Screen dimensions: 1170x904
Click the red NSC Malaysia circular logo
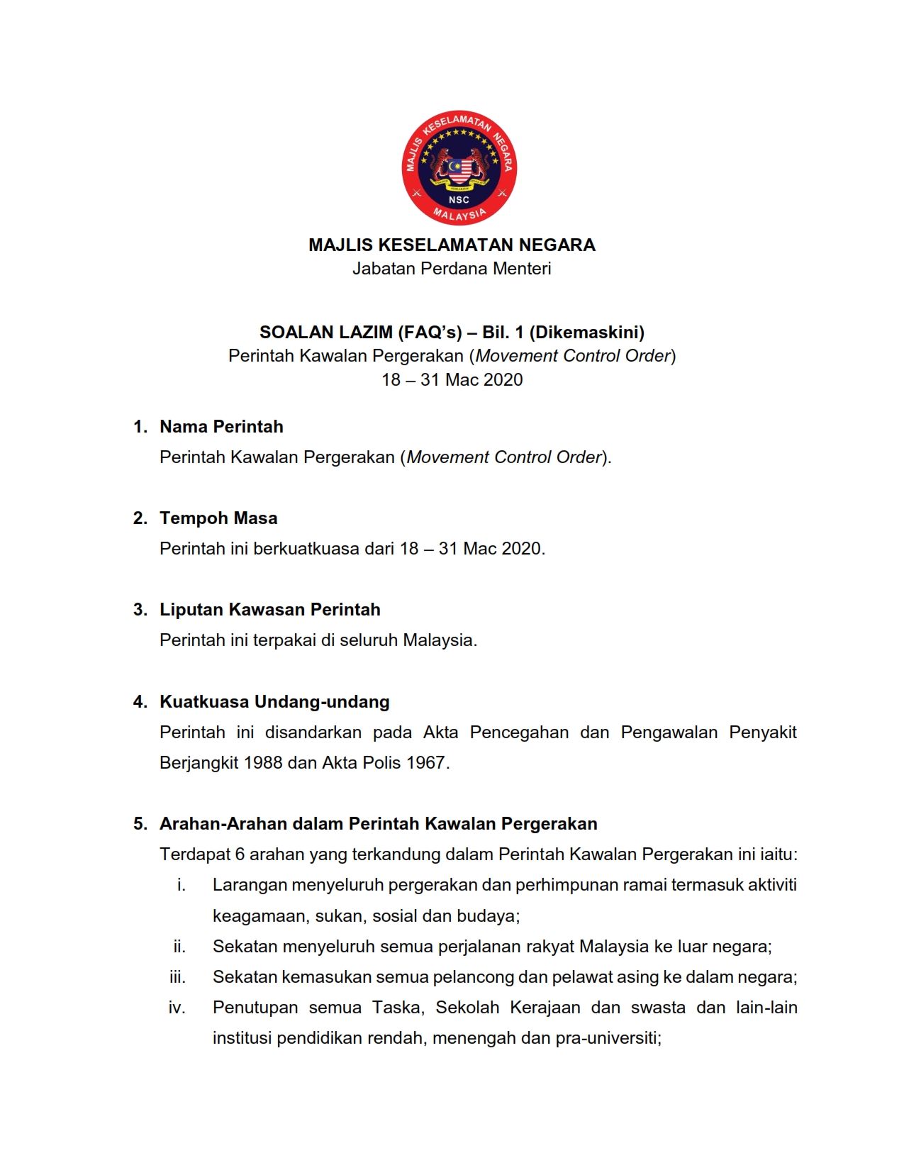click(459, 168)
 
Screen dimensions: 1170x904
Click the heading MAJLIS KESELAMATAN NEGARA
click(452, 245)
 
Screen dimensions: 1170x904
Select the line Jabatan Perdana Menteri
click(452, 269)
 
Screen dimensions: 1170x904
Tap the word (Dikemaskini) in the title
click(586, 333)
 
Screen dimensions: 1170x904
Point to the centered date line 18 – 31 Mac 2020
click(452, 380)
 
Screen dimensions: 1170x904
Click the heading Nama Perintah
click(221, 427)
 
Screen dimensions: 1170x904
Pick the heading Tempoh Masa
click(218, 518)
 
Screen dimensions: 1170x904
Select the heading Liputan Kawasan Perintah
click(269, 610)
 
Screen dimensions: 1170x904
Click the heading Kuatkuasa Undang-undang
click(274, 702)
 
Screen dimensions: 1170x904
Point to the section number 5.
click(140, 824)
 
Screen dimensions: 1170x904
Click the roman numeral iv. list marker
click(177, 1008)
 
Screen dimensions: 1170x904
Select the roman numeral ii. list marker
click(179, 947)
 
